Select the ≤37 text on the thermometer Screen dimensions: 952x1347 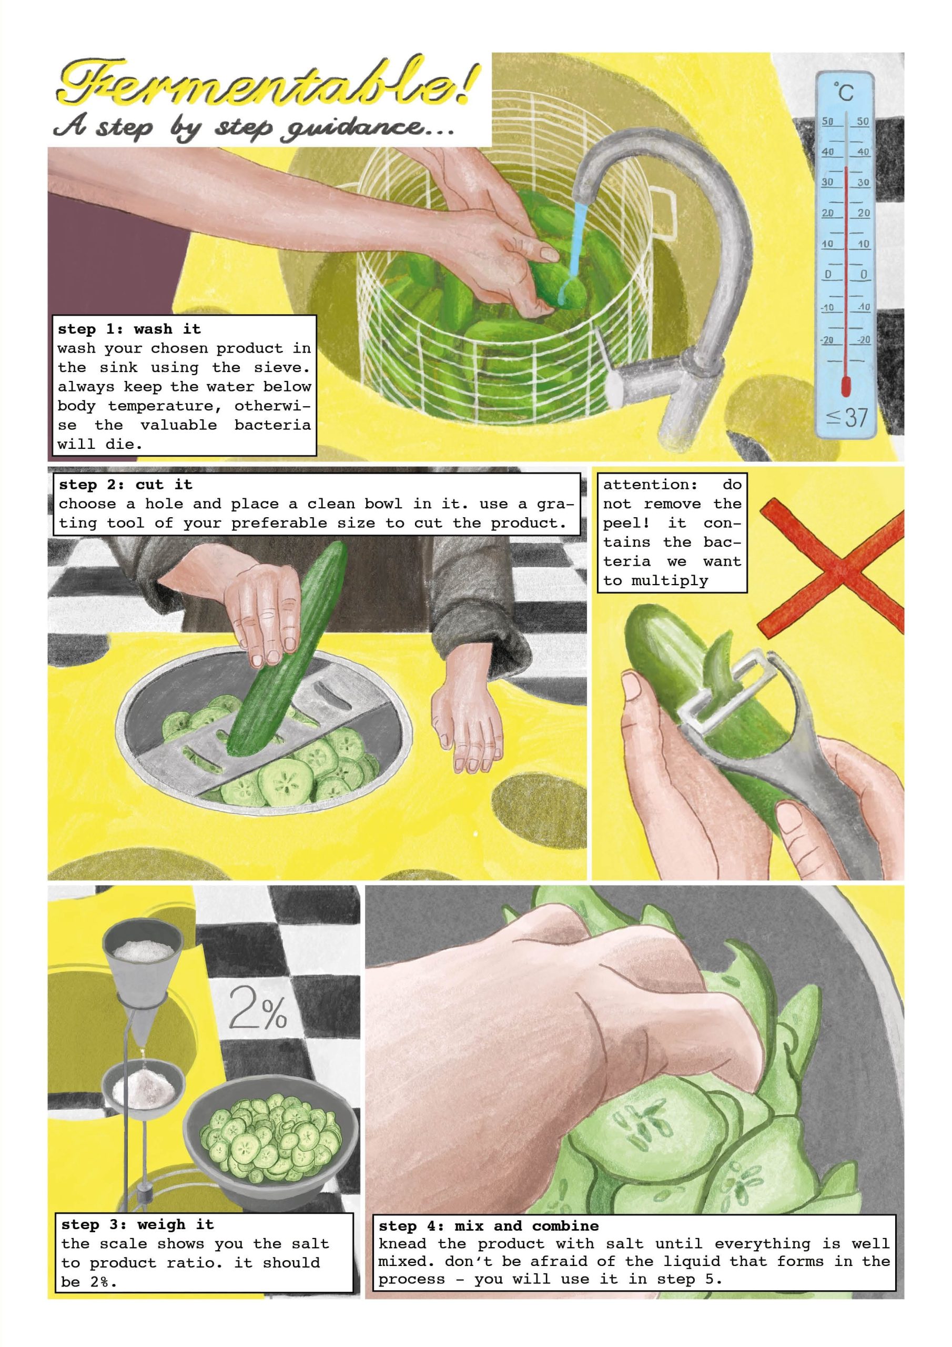coord(846,417)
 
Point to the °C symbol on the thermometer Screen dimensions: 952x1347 coord(845,92)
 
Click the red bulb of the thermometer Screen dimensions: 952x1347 coord(846,385)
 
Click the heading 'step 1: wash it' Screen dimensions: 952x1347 coord(129,329)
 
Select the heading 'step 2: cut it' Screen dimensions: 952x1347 coord(126,485)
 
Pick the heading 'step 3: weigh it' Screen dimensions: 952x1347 coord(138,1224)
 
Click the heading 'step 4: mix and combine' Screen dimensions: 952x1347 coord(489,1225)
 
